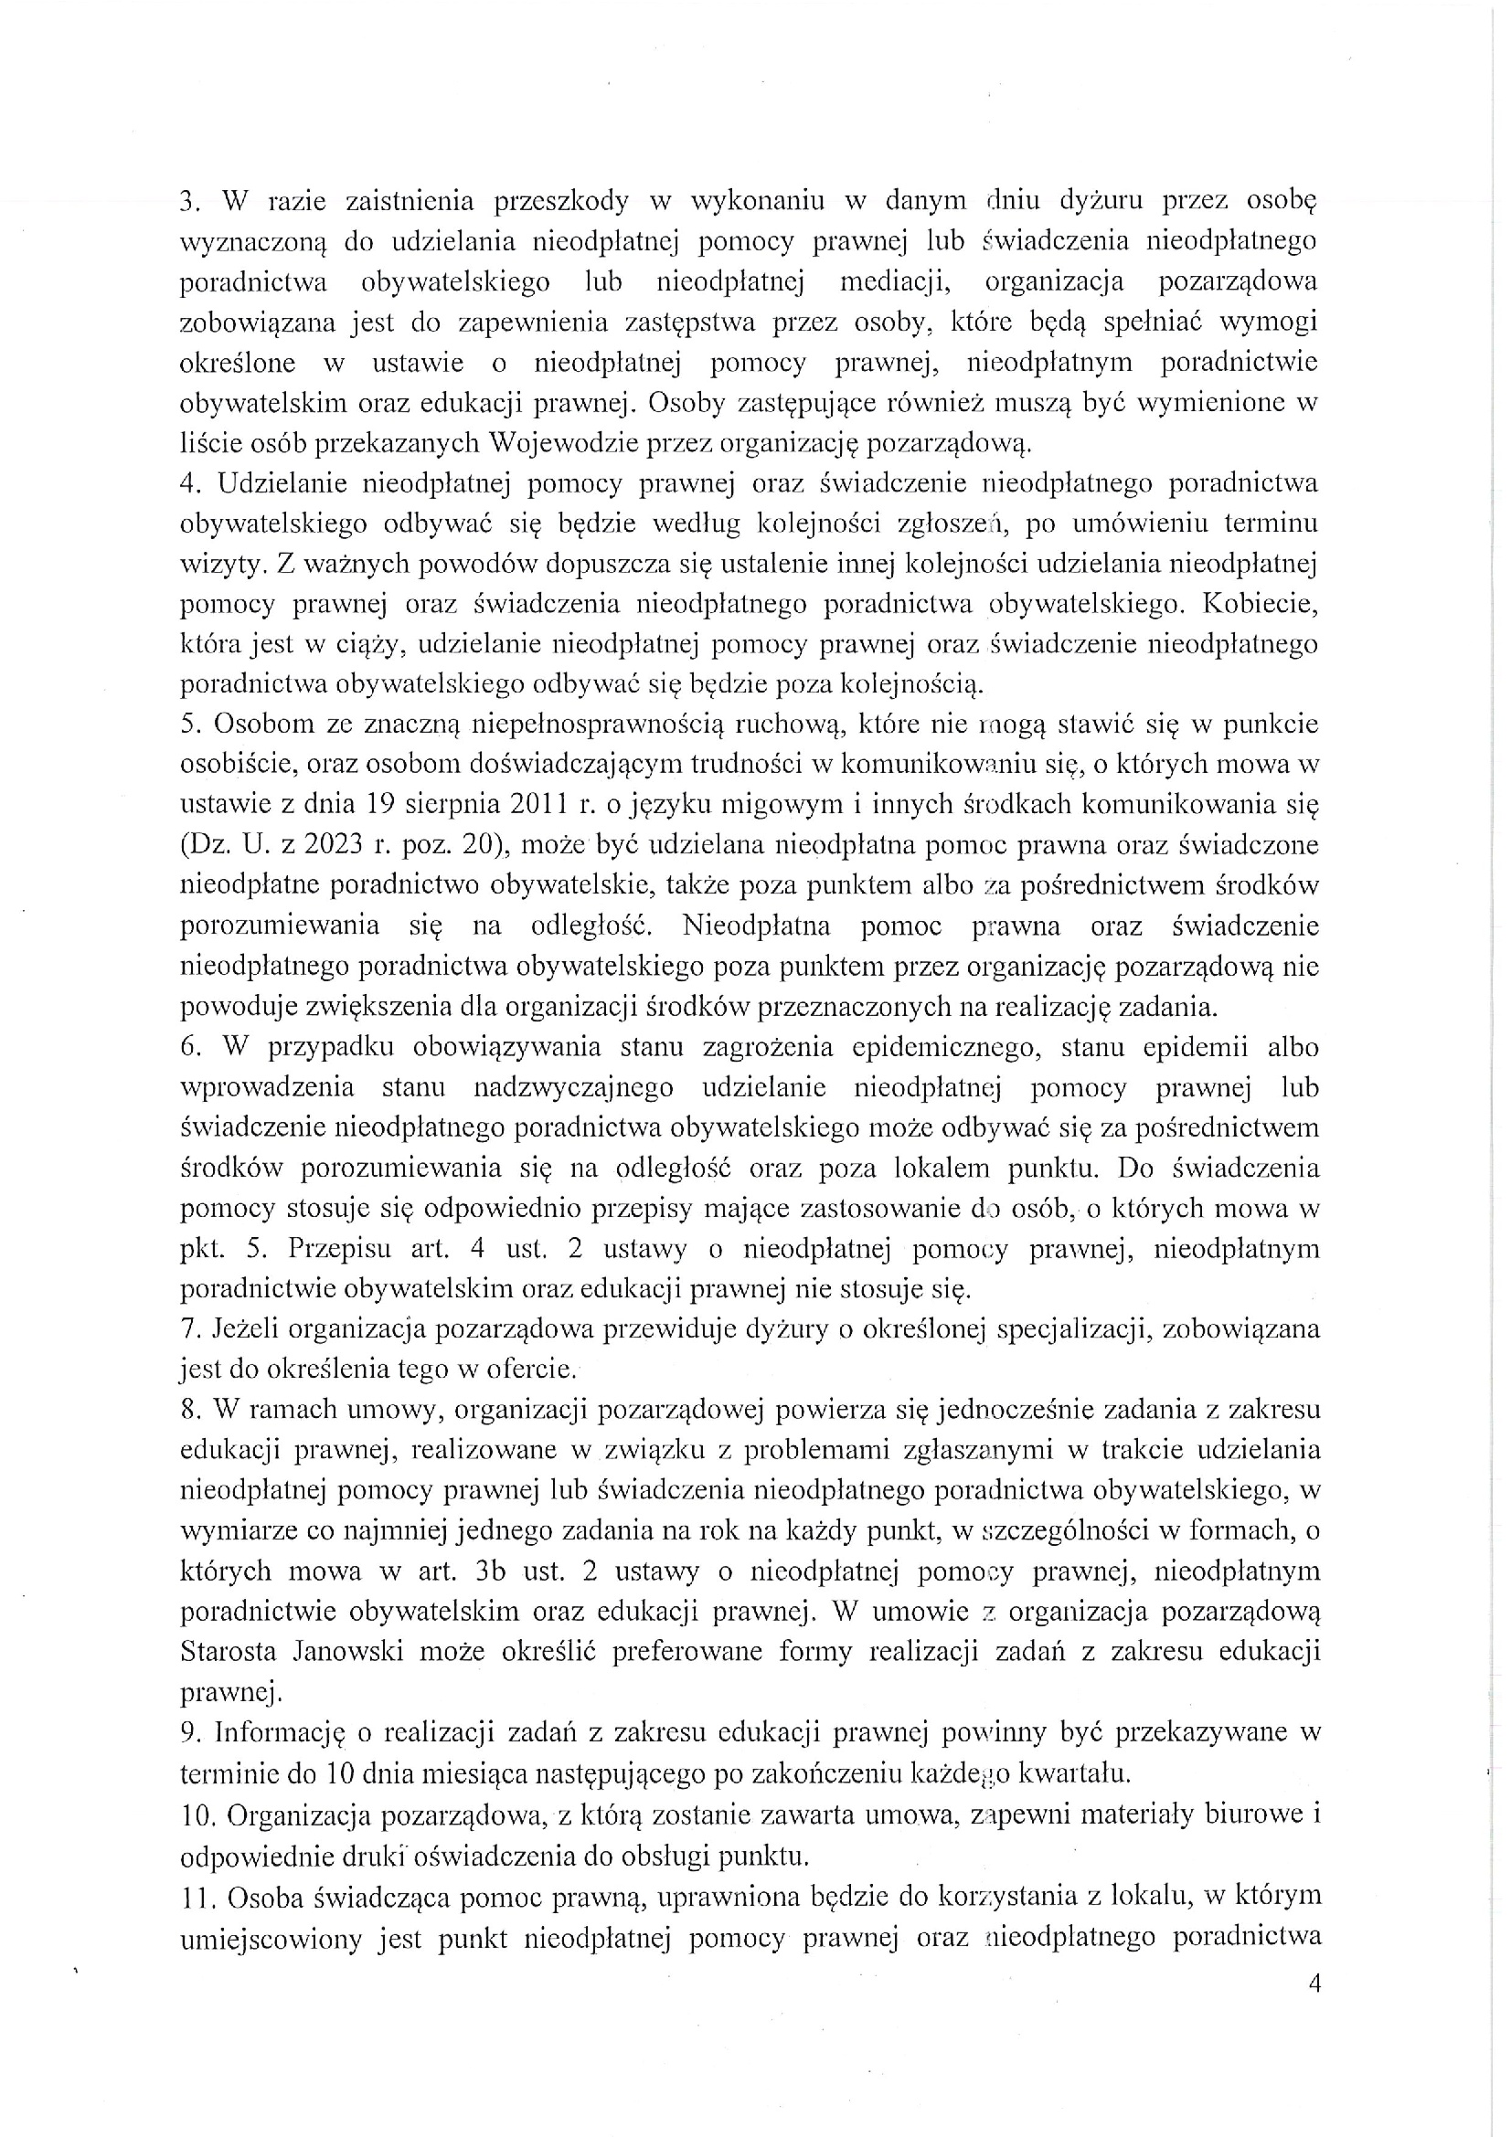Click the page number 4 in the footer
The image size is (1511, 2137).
(x=1314, y=2009)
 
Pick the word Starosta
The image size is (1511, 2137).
(x=229, y=1651)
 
